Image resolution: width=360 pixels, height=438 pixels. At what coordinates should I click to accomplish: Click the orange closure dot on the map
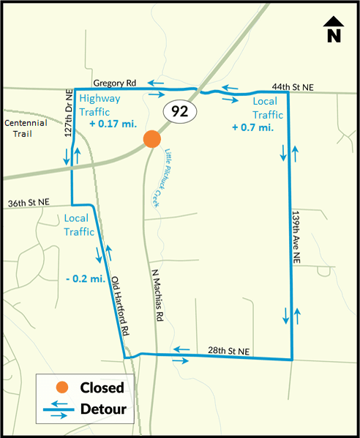pyautogui.click(x=151, y=138)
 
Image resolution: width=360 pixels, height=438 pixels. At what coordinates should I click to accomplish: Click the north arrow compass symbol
pyautogui.click(x=333, y=29)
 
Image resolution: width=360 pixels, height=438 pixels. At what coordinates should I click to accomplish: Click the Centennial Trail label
pyautogui.click(x=25, y=129)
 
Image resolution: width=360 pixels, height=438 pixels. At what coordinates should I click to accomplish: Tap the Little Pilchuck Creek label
pyautogui.click(x=173, y=177)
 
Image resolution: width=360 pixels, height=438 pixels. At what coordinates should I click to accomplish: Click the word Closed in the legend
pyautogui.click(x=101, y=387)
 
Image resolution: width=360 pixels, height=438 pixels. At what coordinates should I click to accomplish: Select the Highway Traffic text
pyautogui.click(x=104, y=105)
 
